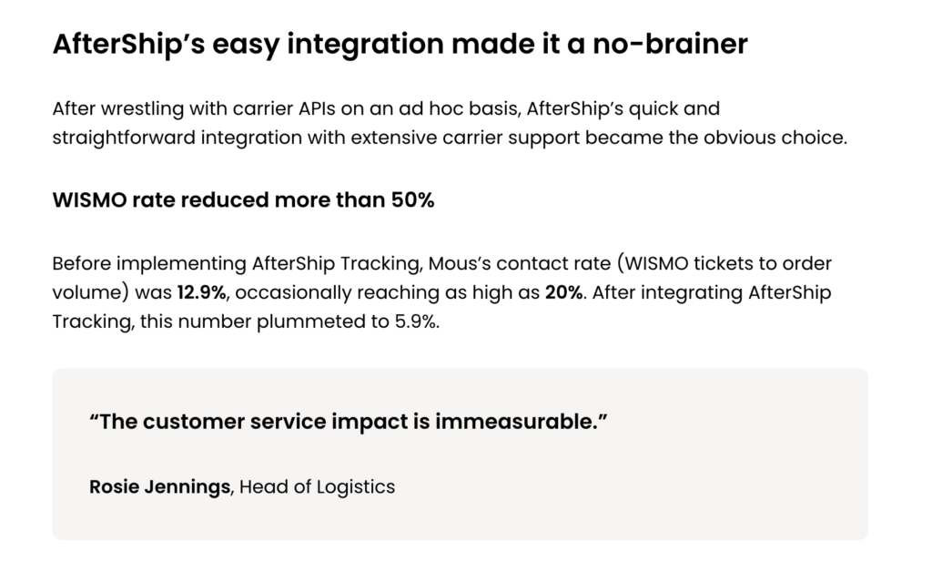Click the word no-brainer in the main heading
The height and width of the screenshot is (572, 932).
pyautogui.click(x=670, y=44)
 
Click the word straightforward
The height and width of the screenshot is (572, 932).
pyautogui.click(x=124, y=138)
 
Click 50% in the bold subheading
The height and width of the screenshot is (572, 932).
pyautogui.click(x=412, y=200)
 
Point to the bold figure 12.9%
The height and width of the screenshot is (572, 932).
pyautogui.click(x=201, y=292)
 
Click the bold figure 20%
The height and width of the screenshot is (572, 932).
pyautogui.click(x=563, y=292)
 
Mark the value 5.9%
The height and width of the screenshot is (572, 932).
pyautogui.click(x=416, y=322)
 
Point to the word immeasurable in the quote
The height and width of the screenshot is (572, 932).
pyautogui.click(x=516, y=422)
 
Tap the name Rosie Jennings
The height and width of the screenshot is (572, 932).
pyautogui.click(x=159, y=487)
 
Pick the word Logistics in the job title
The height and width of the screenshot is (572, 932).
pyautogui.click(x=356, y=487)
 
